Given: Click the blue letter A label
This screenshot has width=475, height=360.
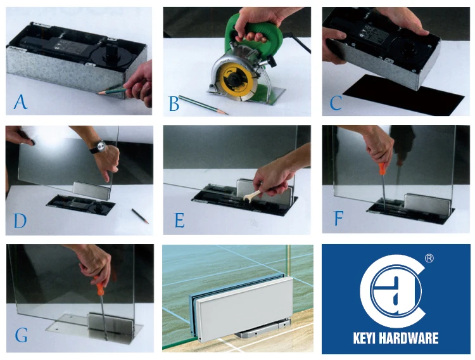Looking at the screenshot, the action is [21, 102].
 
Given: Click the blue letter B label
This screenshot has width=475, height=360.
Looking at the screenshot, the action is [174, 104].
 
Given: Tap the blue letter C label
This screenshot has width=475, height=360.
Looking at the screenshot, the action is [336, 103].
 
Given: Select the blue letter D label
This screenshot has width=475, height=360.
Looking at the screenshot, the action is [20, 221].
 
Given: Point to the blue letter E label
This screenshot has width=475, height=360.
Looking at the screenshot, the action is [180, 221].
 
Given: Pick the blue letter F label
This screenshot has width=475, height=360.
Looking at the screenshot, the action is [338, 219].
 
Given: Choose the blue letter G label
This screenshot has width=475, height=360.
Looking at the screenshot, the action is [21, 335].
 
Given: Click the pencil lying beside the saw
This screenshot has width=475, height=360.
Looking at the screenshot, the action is [203, 105].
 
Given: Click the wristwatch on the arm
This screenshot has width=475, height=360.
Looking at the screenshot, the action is [99, 148].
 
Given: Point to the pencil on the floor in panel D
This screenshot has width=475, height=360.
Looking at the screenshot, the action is [140, 216].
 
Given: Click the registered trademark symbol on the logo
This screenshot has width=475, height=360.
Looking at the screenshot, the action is [429, 258].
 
